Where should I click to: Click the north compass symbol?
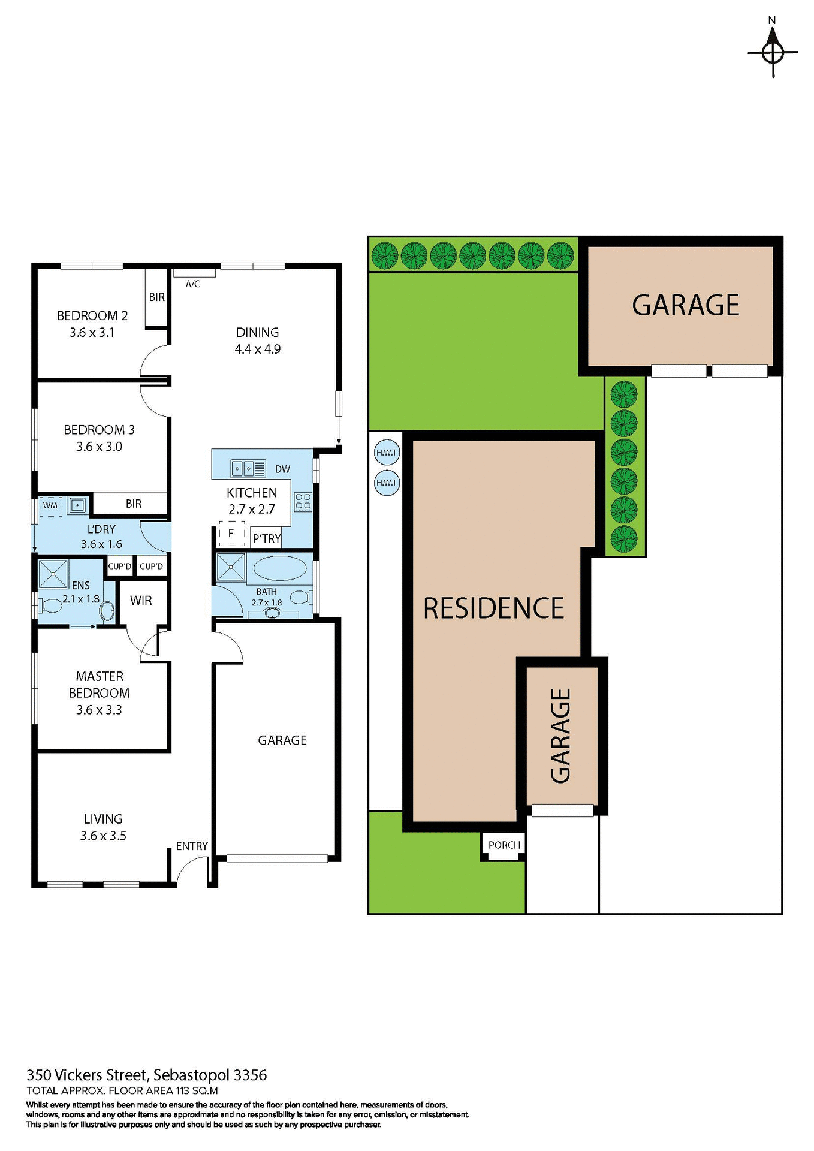click(x=773, y=52)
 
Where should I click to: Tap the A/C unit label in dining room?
click(x=192, y=284)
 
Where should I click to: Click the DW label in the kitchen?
click(x=282, y=469)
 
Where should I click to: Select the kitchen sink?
click(x=248, y=468)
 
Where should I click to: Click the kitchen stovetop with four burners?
click(x=303, y=501)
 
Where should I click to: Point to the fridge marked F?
click(x=231, y=533)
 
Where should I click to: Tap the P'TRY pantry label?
click(x=266, y=538)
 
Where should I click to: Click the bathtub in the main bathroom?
click(x=279, y=567)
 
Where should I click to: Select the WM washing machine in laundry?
click(x=50, y=505)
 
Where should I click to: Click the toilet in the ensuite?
click(x=51, y=605)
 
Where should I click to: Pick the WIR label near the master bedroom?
click(x=141, y=600)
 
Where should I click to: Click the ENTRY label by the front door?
click(x=192, y=846)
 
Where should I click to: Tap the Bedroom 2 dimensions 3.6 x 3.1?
click(x=92, y=332)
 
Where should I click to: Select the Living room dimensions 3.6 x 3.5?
click(x=103, y=836)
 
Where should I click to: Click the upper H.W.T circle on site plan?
click(x=387, y=453)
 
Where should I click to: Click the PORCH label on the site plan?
click(x=504, y=845)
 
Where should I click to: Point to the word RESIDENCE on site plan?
click(x=493, y=608)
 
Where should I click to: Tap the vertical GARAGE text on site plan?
click(x=561, y=736)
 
